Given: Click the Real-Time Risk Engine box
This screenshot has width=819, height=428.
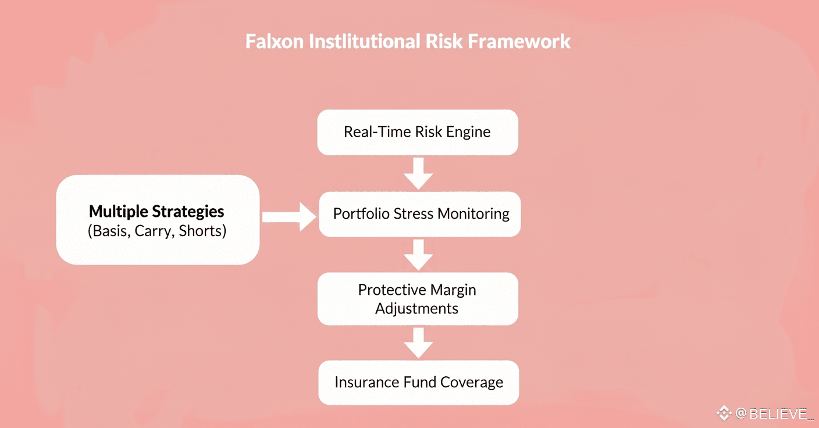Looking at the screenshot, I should pyautogui.click(x=417, y=132).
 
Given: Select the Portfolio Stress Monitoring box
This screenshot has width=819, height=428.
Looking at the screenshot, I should pyautogui.click(x=419, y=214).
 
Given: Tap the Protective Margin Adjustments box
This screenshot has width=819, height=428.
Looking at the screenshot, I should pyautogui.click(x=417, y=298).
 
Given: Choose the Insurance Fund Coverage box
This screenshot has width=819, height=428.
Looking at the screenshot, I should pyautogui.click(x=418, y=382).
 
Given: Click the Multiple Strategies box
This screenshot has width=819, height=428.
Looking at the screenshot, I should pyautogui.click(x=157, y=220).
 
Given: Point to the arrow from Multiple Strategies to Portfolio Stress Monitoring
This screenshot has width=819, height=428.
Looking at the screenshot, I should pyautogui.click(x=289, y=217).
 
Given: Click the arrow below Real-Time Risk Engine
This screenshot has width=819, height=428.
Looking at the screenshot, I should pyautogui.click(x=418, y=173).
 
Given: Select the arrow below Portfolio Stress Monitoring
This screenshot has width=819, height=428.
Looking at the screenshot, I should pyautogui.click(x=418, y=254).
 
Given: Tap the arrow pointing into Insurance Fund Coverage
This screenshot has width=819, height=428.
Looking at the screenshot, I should pyautogui.click(x=418, y=343).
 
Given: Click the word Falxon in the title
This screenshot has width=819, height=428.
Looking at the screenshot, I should pyautogui.click(x=271, y=42).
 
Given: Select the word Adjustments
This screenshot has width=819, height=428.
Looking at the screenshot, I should pyautogui.click(x=417, y=308).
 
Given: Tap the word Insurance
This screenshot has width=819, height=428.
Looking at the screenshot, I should pyautogui.click(x=366, y=382).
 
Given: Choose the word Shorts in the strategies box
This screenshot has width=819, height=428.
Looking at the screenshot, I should pyautogui.click(x=202, y=231).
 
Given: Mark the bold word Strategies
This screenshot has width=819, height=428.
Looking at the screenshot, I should pyautogui.click(x=188, y=211).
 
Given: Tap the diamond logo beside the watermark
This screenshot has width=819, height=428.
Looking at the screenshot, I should pyautogui.click(x=723, y=413).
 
